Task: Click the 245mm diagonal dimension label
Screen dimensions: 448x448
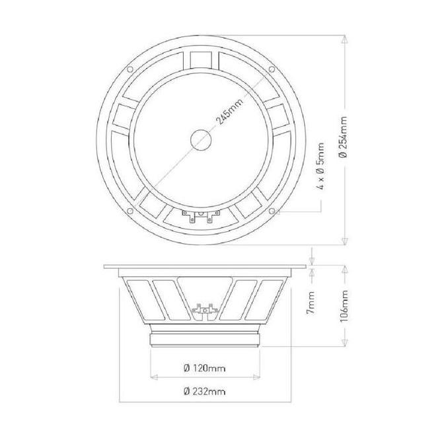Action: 227,112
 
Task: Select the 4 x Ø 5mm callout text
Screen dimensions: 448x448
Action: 320,165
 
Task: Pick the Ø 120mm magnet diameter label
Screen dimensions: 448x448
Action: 202,367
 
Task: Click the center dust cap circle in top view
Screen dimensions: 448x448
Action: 202,139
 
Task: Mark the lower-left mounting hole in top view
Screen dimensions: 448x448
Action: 130,211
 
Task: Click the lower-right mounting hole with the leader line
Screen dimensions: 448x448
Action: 273,211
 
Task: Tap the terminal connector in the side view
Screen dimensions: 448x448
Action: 204,309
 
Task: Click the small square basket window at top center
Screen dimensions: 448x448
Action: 202,59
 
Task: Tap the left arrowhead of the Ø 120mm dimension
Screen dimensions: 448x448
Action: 154,378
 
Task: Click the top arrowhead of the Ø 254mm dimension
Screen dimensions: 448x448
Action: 343,37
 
